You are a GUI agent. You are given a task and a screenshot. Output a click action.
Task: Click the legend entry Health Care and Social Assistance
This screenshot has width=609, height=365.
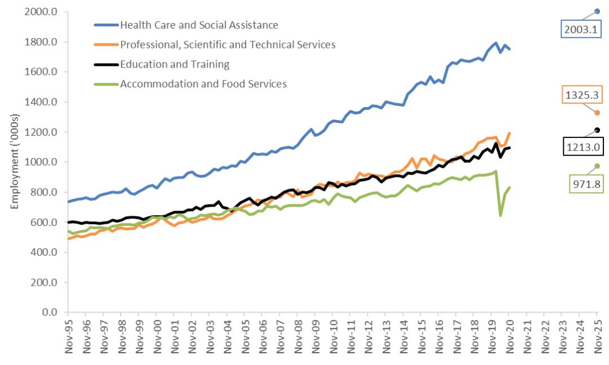(199, 25)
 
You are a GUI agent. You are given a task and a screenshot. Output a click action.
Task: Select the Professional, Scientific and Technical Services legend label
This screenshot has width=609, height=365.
(228, 44)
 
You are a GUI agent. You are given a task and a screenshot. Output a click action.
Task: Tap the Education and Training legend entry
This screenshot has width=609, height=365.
(175, 64)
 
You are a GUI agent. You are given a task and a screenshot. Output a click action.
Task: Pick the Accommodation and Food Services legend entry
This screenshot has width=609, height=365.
(204, 84)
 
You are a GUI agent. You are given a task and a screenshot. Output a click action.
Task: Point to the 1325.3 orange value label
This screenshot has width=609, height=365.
(581, 95)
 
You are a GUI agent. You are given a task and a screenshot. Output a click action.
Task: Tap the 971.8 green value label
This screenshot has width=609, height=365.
(583, 184)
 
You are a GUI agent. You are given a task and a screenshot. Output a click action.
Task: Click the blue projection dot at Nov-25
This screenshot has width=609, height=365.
(597, 11)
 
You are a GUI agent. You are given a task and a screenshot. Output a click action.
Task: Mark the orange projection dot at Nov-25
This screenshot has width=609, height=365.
(597, 113)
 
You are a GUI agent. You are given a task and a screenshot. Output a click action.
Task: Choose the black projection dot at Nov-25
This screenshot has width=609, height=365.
(597, 130)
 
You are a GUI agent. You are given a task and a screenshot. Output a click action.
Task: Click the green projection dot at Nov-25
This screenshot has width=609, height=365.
(597, 166)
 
